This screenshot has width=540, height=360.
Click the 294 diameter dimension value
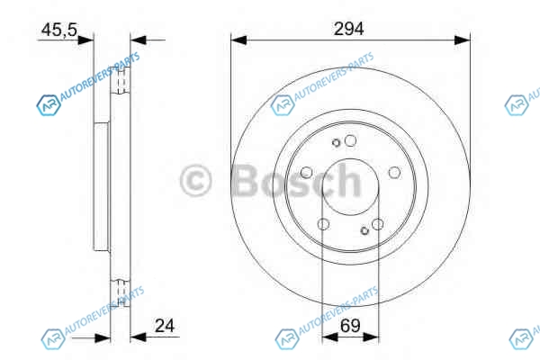[348, 29]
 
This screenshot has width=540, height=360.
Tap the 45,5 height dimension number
[59, 30]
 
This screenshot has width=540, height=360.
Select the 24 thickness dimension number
[165, 326]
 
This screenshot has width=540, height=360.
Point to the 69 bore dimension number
[350, 326]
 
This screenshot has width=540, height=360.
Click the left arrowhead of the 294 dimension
[239, 40]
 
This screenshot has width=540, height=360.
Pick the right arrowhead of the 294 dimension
[463, 40]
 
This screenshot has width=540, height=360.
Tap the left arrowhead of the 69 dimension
[329, 337]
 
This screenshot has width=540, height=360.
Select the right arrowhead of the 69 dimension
[371, 337]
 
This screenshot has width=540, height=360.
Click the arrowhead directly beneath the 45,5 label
[85, 40]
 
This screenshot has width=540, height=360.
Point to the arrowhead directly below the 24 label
[139, 337]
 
